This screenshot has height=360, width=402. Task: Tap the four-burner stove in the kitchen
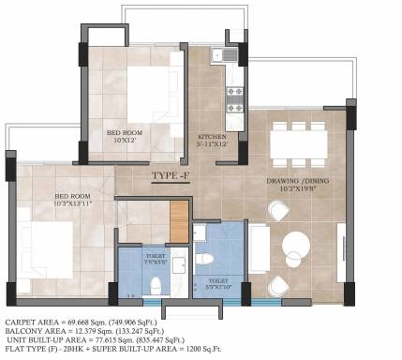coord(233,94)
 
